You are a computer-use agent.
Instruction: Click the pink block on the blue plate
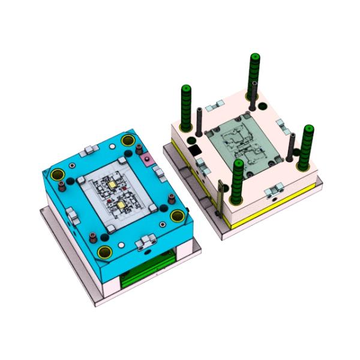146,159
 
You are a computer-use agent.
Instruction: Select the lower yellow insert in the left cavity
122,205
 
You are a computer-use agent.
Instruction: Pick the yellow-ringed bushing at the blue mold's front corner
106,252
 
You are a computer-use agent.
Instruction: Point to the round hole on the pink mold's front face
274,196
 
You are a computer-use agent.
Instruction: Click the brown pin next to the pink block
137,149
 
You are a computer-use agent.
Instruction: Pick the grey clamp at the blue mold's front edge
143,242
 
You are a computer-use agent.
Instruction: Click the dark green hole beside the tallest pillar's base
262,107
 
